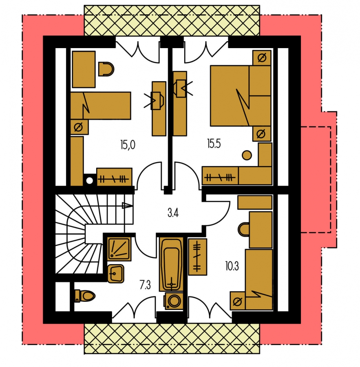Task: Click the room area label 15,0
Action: (128, 145)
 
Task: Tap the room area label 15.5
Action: (214, 144)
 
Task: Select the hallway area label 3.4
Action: (173, 213)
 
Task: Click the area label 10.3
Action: (232, 266)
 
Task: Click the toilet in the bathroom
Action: (84, 296)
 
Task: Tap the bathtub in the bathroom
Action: (172, 264)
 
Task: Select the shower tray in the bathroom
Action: (119, 249)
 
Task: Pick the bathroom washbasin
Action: (116, 274)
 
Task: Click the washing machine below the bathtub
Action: (173, 301)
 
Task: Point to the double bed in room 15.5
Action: (241, 96)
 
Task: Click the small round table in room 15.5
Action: (247, 155)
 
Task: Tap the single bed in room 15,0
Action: (101, 106)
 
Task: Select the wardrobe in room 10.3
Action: (198, 257)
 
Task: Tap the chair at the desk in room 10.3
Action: (243, 229)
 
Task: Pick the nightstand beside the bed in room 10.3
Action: (237, 301)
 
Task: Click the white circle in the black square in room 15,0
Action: (89, 181)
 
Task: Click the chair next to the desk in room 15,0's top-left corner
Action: (106, 69)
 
